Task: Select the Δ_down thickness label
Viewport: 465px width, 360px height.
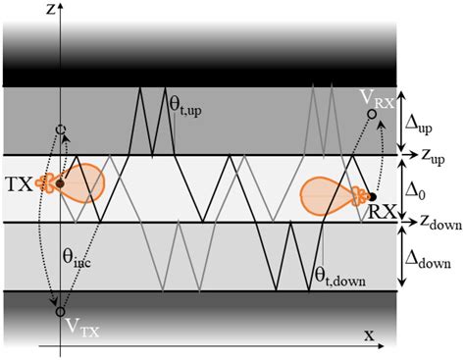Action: click(428, 257)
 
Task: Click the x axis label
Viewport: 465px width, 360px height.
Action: click(370, 335)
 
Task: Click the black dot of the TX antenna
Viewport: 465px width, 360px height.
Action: click(61, 182)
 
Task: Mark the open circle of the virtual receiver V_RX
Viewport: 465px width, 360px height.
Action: click(372, 115)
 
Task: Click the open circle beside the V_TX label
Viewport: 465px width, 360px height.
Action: click(61, 312)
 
